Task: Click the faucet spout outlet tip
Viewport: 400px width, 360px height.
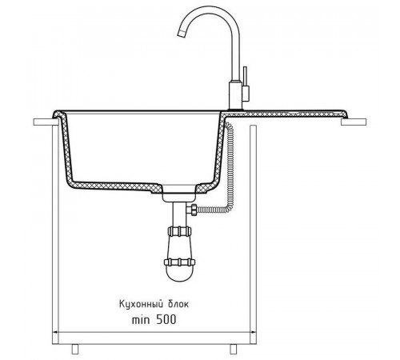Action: pyautogui.click(x=181, y=34)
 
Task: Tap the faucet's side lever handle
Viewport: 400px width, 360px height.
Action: pyautogui.click(x=246, y=84)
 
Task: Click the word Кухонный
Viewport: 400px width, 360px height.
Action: pyautogui.click(x=142, y=304)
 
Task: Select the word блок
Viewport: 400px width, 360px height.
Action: pyautogui.click(x=178, y=304)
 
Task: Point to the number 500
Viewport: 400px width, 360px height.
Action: pyautogui.click(x=166, y=319)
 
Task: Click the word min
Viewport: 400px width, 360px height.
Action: pyautogui.click(x=141, y=319)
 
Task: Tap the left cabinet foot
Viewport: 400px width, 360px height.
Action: pyautogui.click(x=75, y=349)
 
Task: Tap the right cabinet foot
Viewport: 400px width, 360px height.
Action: pyautogui.click(x=234, y=349)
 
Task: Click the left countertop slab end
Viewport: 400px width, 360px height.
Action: pyautogui.click(x=46, y=122)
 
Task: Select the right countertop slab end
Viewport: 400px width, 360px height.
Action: pyautogui.click(x=354, y=122)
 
